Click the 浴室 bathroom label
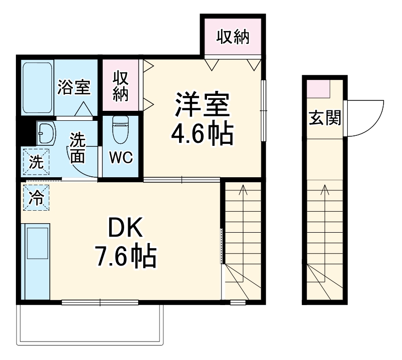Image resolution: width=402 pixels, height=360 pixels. [x=73, y=88]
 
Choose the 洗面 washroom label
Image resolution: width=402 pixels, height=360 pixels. [x=77, y=148]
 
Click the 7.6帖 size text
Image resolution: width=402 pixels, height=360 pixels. [x=126, y=257]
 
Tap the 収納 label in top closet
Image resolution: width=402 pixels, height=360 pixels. [x=232, y=37]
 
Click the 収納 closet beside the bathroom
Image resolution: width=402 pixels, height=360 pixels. [x=121, y=86]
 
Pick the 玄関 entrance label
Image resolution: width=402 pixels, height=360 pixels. [x=325, y=118]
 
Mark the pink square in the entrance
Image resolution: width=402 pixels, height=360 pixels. [x=318, y=89]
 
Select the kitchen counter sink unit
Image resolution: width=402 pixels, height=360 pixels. [x=36, y=262]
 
